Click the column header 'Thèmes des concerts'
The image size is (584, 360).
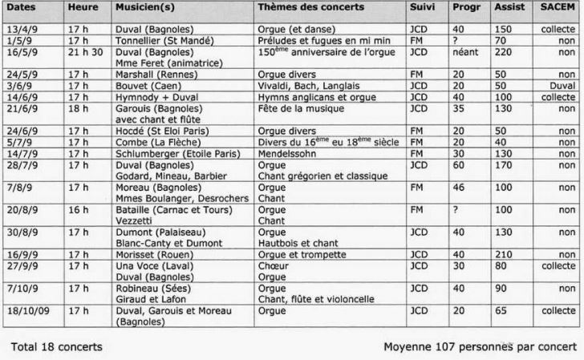(310, 7)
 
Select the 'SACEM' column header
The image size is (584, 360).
(558, 7)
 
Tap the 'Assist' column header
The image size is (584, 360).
(509, 7)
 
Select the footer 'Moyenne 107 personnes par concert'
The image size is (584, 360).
(479, 346)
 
